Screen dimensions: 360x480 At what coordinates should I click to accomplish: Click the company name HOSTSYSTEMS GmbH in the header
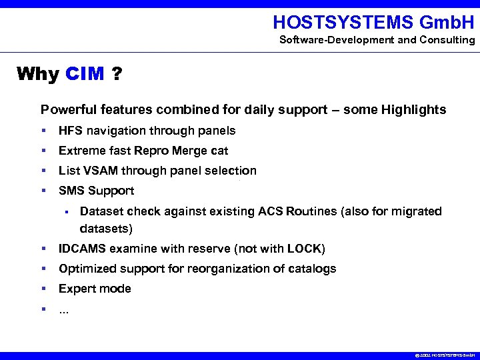[373, 23]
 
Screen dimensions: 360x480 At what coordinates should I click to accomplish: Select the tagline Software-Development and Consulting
[377, 40]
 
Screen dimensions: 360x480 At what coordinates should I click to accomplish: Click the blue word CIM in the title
[85, 73]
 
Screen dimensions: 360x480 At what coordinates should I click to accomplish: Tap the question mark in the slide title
[117, 73]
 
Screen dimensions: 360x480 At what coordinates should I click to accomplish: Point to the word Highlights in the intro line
[415, 110]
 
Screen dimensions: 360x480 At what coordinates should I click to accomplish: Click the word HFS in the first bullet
[70, 131]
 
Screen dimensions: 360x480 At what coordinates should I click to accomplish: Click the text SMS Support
[96, 191]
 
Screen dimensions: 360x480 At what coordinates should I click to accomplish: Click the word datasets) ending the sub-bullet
[106, 229]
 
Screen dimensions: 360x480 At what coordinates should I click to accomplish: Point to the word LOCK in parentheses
[304, 249]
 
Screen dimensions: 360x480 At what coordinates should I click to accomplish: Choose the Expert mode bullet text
[95, 289]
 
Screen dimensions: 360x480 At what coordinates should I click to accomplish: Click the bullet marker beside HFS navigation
[43, 131]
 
